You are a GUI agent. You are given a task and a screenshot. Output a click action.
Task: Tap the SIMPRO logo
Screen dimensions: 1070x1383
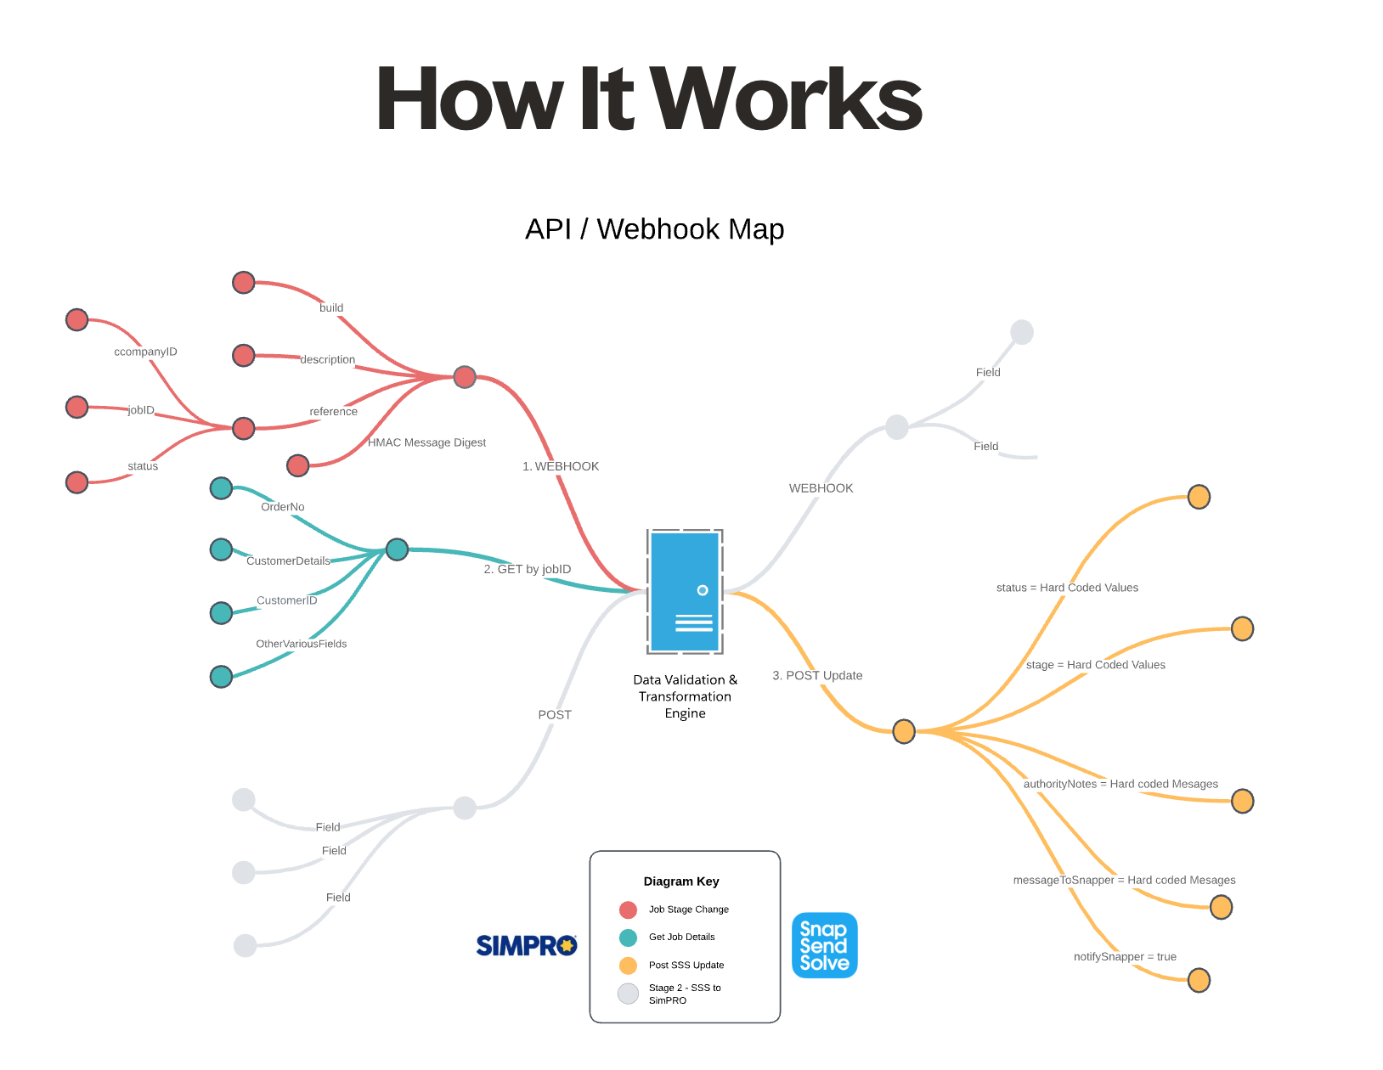point(527,945)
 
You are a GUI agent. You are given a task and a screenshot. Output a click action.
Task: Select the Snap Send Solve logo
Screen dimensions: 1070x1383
point(824,945)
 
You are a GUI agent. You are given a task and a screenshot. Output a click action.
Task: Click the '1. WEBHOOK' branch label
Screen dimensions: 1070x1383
point(561,466)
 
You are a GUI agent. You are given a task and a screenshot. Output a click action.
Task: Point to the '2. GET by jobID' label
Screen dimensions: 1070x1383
point(528,569)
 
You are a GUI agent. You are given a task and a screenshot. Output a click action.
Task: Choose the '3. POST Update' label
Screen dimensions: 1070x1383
point(817,675)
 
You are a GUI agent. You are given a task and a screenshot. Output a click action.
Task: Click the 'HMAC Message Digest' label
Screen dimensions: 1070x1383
point(426,442)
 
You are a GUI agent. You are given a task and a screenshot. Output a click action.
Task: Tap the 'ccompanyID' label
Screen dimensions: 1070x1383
point(146,352)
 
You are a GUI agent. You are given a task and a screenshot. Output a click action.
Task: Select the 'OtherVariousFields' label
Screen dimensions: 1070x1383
point(302,644)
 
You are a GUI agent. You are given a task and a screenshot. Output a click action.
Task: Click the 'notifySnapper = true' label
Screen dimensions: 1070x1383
point(1125,956)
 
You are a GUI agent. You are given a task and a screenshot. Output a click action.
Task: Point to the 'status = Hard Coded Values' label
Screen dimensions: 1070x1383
point(1067,588)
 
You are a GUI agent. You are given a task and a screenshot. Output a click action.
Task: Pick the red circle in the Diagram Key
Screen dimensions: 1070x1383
point(629,909)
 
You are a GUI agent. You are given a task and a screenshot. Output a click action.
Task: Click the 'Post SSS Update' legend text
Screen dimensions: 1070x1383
point(686,965)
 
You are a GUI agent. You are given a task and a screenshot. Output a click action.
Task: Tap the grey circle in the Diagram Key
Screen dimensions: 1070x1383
point(629,994)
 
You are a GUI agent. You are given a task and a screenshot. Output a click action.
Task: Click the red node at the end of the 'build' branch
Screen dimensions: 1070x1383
point(244,283)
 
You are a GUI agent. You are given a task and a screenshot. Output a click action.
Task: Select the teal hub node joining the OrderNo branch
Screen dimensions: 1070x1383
point(397,549)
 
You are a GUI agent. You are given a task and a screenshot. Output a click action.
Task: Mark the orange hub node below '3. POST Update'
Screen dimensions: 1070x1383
point(904,730)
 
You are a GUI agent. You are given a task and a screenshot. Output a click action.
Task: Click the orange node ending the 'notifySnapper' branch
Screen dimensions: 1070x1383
point(1199,980)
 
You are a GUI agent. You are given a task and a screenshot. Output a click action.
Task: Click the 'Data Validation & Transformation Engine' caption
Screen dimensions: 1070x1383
point(685,696)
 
